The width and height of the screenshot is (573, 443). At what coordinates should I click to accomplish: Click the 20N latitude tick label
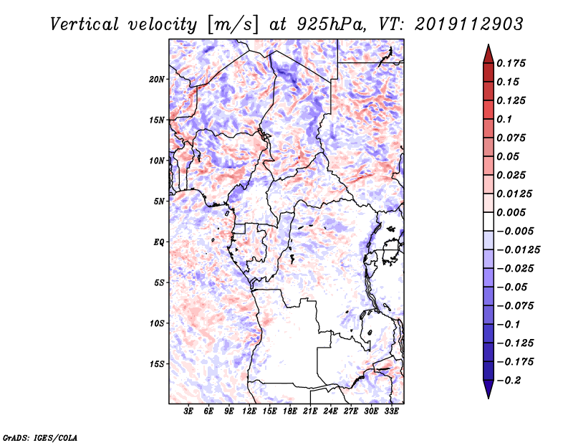click(x=157, y=79)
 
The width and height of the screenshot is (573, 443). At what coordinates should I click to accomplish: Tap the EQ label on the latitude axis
click(x=158, y=242)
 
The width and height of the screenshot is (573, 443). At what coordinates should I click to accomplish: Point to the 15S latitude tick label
click(x=157, y=364)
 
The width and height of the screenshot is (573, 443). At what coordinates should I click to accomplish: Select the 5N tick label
click(x=159, y=201)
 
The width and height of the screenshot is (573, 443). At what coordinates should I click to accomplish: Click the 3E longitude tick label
click(x=189, y=412)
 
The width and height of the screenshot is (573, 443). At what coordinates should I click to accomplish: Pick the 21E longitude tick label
click(x=311, y=412)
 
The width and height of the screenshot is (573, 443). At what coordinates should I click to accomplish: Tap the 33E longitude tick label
click(x=392, y=412)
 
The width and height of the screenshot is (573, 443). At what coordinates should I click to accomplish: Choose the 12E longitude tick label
click(x=250, y=412)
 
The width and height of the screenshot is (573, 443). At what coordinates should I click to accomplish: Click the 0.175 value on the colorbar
click(x=513, y=63)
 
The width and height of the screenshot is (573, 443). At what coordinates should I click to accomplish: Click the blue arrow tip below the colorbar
click(x=488, y=394)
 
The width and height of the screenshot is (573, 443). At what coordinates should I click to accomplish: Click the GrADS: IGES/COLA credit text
click(x=30, y=437)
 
